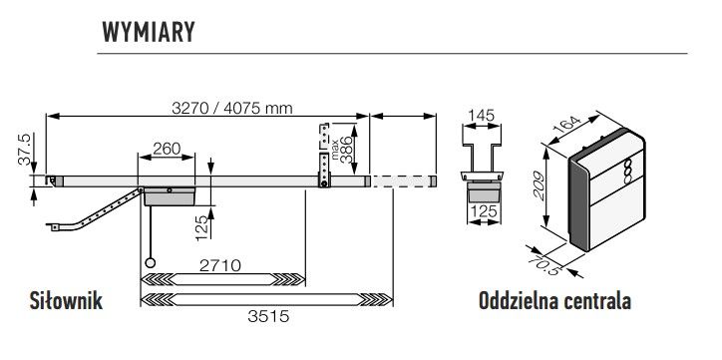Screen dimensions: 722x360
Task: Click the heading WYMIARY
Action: click(149, 32)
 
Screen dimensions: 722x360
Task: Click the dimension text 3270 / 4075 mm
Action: click(232, 108)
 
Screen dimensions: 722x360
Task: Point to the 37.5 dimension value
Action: click(24, 150)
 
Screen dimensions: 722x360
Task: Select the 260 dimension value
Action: click(167, 149)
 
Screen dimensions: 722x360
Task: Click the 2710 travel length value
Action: click(219, 265)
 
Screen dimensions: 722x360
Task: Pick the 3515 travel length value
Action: click(268, 316)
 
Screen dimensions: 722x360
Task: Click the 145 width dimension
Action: click(481, 115)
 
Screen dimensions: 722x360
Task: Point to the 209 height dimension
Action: click(539, 186)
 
